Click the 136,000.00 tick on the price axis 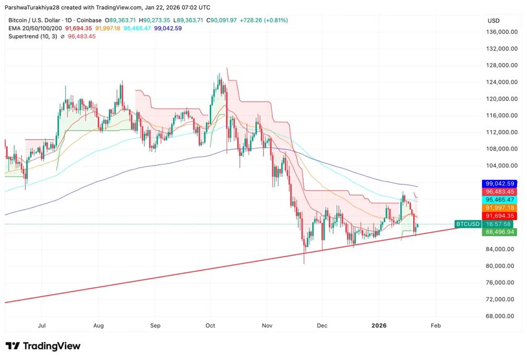[500, 32]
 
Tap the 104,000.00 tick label [500, 166]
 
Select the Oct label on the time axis [211, 326]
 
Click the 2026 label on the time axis [379, 326]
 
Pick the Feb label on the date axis [435, 326]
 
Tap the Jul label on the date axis [42, 326]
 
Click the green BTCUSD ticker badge [468, 224]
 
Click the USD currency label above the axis [494, 21]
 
